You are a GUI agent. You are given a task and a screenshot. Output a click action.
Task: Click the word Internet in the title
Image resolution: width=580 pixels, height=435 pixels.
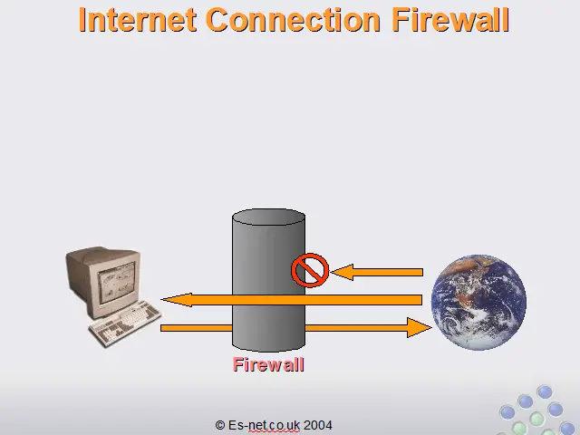[137, 20]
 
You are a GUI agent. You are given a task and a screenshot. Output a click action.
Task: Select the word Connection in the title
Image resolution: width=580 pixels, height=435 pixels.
[293, 20]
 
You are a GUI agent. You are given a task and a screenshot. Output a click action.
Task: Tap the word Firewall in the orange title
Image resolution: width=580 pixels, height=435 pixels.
[450, 20]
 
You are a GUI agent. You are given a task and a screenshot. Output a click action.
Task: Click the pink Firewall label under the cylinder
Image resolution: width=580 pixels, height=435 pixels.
[268, 364]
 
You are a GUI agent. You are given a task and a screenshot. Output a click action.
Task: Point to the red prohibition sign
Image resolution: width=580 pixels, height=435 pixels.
[310, 270]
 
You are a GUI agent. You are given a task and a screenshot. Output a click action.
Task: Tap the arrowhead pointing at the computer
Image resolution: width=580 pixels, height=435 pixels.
[177, 300]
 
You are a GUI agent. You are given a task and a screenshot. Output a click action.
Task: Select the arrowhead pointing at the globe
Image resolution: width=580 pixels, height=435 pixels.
[419, 327]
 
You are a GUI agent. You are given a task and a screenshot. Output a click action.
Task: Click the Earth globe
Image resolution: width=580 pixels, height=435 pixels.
[478, 302]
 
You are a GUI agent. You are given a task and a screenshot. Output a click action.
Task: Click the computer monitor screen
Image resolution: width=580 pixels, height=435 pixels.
[116, 284]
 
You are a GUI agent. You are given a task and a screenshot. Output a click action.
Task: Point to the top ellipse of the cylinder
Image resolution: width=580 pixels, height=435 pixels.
[268, 217]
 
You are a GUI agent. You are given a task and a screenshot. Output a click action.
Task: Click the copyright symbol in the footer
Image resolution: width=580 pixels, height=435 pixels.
[220, 425]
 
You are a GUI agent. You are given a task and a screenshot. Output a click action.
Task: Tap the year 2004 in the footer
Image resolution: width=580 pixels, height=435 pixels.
[318, 425]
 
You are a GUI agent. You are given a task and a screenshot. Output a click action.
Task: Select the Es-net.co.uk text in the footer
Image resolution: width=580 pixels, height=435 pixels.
[264, 425]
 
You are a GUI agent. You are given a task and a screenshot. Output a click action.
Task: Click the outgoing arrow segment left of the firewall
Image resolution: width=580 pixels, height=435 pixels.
[197, 328]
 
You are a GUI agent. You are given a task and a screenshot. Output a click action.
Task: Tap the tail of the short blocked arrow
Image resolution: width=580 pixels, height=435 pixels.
[422, 272]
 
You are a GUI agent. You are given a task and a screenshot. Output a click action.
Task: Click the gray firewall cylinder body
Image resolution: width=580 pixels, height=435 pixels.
[268, 280]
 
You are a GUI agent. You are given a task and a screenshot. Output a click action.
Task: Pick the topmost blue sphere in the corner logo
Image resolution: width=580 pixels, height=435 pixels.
[545, 391]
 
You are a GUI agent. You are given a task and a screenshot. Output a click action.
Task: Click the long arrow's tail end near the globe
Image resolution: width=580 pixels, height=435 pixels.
[421, 300]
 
